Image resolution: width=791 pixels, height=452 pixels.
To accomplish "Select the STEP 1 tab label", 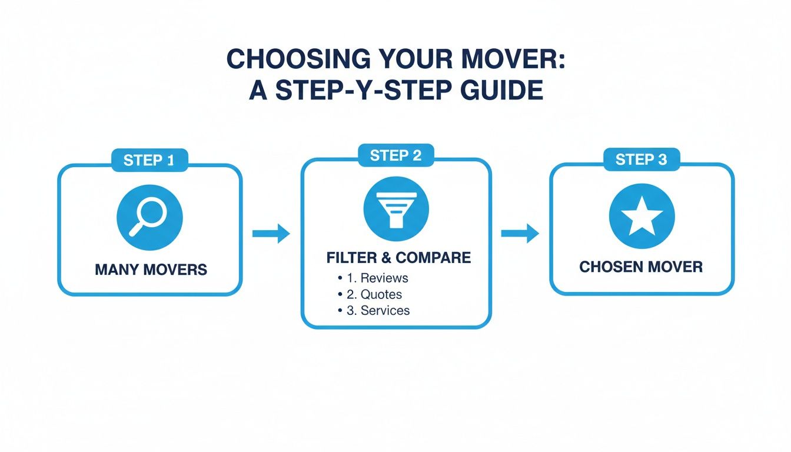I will [x=149, y=160].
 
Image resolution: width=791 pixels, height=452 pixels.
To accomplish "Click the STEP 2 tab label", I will [x=395, y=155].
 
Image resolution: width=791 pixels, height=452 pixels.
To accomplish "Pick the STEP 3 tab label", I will [x=641, y=159].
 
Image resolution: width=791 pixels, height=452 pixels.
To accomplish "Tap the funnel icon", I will [x=396, y=208].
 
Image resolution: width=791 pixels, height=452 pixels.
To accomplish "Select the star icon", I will [x=642, y=216].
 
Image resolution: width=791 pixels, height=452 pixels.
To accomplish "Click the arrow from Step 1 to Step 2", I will [x=271, y=234].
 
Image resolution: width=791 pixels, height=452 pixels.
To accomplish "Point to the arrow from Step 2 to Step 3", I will [x=520, y=234].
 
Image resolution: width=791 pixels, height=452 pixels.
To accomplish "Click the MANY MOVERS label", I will [x=151, y=270].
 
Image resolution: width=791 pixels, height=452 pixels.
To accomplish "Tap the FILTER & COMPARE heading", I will [x=398, y=257].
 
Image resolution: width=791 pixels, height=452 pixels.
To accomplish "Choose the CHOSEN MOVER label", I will [x=641, y=267].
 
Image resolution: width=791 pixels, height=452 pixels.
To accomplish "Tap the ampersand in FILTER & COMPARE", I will [x=386, y=257].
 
